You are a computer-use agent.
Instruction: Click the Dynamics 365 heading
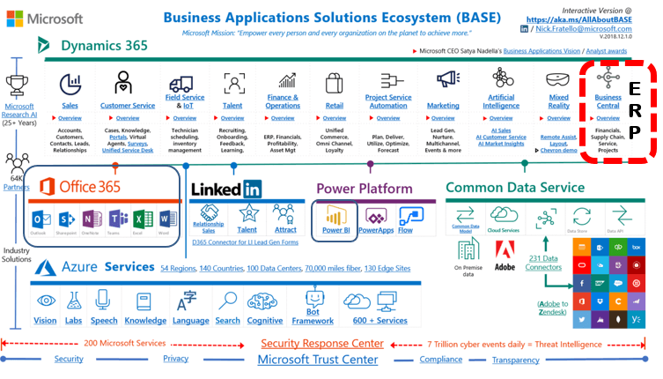105,45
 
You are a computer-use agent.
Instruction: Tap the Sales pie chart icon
70,83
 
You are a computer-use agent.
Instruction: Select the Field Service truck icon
180,84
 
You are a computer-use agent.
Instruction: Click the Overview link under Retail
334,117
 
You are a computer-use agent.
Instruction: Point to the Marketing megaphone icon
443,82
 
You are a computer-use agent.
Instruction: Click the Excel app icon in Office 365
144,219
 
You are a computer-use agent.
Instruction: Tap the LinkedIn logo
225,188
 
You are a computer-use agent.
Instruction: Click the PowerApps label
376,230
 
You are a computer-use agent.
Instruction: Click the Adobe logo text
505,265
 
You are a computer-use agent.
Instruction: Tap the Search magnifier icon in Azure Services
228,301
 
